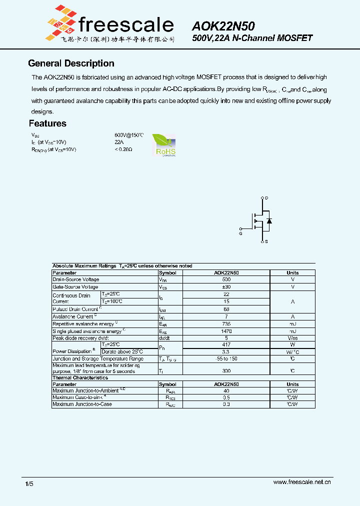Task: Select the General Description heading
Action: pos(71,63)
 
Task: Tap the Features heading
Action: pos(47,123)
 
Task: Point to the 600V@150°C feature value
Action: pos(129,135)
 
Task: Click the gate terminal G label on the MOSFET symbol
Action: pos(240,233)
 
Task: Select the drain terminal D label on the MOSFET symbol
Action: pos(266,198)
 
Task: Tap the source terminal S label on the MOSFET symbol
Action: pos(266,241)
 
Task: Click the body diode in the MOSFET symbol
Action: pos(269,220)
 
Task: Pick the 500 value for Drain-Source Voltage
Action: pos(226,279)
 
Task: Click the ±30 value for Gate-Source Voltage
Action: pos(226,287)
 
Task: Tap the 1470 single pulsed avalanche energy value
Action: pos(226,331)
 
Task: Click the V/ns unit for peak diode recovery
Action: pos(292,338)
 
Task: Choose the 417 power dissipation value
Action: pos(226,344)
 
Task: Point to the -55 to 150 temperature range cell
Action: pos(226,359)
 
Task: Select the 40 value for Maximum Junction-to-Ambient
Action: pos(226,390)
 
